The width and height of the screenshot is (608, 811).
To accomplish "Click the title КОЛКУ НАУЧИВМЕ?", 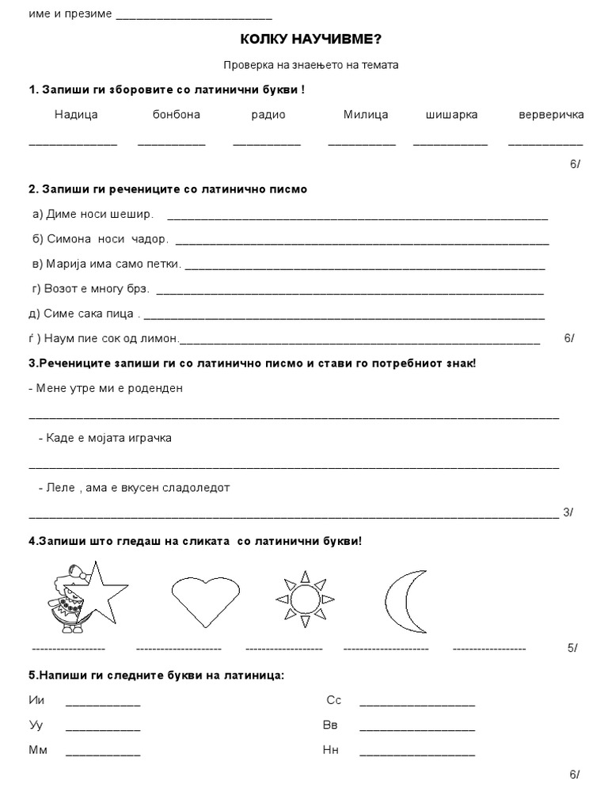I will click(304, 40).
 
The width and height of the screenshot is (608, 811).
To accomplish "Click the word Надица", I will click(76, 115).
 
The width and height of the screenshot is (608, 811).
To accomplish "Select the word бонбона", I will click(177, 115).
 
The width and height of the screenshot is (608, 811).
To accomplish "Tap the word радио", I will click(268, 115).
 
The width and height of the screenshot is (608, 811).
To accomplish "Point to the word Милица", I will click(366, 115).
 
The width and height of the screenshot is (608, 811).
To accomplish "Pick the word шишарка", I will click(451, 115).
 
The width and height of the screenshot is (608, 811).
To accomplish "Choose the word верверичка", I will click(551, 115).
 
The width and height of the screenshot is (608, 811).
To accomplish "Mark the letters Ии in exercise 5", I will click(36, 701).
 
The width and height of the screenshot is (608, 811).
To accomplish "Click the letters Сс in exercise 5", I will click(333, 701).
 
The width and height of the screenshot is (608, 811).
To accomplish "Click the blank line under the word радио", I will click(267, 144).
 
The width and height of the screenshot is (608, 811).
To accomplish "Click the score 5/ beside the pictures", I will click(572, 648).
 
